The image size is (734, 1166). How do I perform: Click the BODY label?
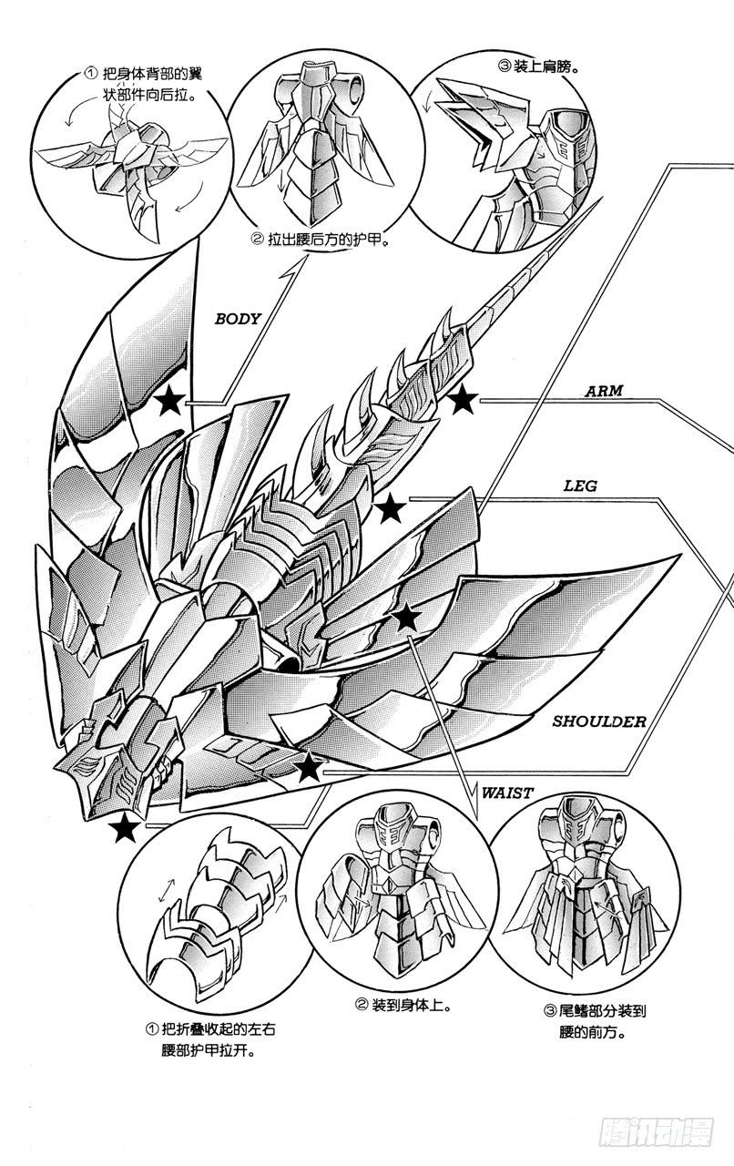[x=238, y=319]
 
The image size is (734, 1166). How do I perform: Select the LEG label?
[x=579, y=486]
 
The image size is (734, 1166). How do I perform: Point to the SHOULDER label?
[x=599, y=721]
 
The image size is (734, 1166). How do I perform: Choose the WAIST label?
[x=508, y=793]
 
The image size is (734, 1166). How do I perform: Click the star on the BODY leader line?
[x=168, y=401]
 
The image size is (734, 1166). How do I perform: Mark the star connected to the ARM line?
[x=463, y=399]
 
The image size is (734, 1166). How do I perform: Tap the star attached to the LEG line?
[x=392, y=509]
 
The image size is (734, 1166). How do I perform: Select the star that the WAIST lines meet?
[x=406, y=619]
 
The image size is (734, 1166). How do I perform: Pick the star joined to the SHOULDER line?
[x=309, y=768]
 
